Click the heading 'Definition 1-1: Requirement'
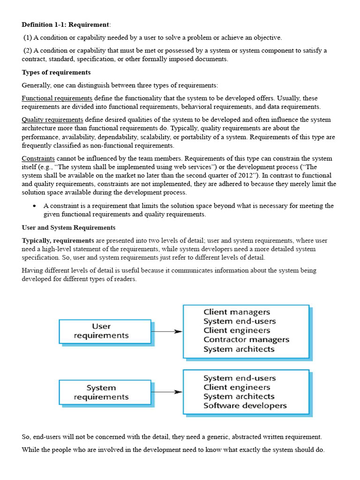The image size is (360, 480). click(65, 24)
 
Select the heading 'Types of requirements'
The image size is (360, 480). click(56, 72)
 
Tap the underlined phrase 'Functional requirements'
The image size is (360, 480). click(57, 98)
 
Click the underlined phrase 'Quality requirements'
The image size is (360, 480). click(52, 120)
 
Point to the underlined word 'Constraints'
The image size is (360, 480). click(38, 158)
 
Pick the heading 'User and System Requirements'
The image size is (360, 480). click(68, 228)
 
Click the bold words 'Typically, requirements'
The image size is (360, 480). click(58, 240)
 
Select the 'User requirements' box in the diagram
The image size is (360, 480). click(105, 331)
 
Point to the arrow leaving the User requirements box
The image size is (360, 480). click(167, 331)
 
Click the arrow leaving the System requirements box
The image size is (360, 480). click(167, 392)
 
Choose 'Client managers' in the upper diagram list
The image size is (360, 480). click(237, 312)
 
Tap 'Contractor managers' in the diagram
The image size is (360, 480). click(246, 340)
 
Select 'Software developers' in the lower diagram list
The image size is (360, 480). click(245, 406)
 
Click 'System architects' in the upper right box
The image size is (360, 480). click(239, 349)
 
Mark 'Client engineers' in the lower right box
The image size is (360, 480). click(237, 388)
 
